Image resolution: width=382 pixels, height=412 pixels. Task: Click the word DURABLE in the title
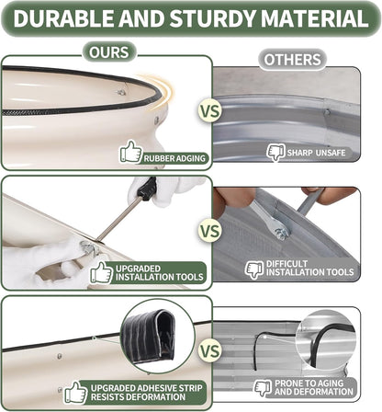click(x=63, y=18)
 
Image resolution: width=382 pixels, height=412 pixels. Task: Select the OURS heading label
click(x=109, y=52)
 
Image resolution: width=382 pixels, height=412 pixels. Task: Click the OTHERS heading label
click(x=292, y=60)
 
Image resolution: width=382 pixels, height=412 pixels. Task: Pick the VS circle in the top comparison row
click(x=210, y=110)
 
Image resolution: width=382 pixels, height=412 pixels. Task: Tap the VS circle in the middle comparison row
click(x=210, y=231)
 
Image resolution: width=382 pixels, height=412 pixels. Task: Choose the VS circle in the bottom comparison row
click(x=210, y=351)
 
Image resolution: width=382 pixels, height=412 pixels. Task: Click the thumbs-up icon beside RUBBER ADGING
click(x=131, y=152)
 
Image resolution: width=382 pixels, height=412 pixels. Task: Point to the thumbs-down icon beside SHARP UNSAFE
click(x=276, y=153)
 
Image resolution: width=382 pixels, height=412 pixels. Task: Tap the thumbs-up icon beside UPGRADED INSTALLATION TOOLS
click(x=102, y=272)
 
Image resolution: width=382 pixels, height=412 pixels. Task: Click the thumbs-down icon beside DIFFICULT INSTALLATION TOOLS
click(x=254, y=269)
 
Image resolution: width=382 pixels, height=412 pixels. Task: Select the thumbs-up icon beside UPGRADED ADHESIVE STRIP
click(x=75, y=393)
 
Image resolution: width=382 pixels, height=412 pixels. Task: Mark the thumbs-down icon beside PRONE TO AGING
click(x=263, y=388)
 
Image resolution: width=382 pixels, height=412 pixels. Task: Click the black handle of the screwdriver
click(x=147, y=189)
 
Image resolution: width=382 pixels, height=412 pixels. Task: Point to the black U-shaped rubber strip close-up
click(x=149, y=335)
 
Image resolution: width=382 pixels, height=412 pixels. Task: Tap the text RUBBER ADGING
click(x=174, y=158)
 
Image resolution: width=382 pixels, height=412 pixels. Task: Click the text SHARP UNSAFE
click(x=316, y=153)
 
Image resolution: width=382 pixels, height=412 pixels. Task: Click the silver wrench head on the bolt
click(x=276, y=228)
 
